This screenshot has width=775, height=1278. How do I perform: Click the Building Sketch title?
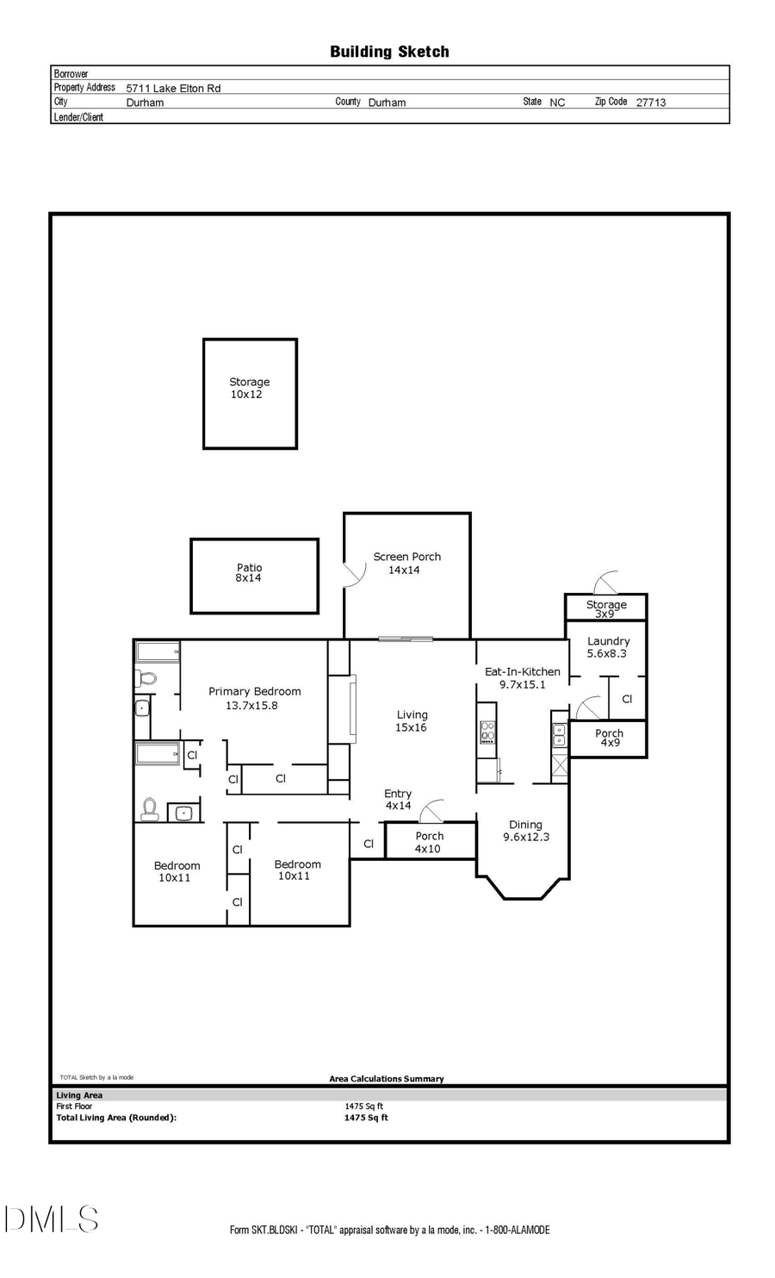pos(389,52)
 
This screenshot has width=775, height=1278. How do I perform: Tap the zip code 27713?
pos(650,102)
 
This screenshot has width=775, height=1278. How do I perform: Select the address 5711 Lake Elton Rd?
pos(173,88)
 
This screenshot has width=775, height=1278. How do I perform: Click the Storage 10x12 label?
pos(249,388)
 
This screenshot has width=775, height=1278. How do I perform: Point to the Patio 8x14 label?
pos(249,573)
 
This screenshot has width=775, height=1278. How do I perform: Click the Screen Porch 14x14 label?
pos(406,563)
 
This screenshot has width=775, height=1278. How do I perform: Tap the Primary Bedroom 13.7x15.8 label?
pos(254,698)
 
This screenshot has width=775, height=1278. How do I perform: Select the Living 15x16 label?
pos(412,720)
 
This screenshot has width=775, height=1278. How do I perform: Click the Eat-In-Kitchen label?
pos(522,677)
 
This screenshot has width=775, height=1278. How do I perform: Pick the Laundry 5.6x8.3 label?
pos(608,647)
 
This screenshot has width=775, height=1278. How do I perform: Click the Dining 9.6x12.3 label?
pos(525,830)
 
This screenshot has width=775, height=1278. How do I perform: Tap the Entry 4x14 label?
pos(398,800)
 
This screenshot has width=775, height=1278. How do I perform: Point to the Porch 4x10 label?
pos(429,842)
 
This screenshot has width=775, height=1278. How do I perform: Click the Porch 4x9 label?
pos(609,738)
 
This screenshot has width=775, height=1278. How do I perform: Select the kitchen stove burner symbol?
pos(487,732)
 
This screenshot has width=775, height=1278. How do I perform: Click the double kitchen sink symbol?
pos(559,734)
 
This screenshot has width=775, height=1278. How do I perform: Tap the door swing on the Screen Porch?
pos(353,576)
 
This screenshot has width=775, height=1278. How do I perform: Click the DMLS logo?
pos(52,1219)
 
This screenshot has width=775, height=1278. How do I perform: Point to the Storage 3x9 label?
pos(606,608)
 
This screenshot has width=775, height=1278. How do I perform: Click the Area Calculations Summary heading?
pos(387,1078)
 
